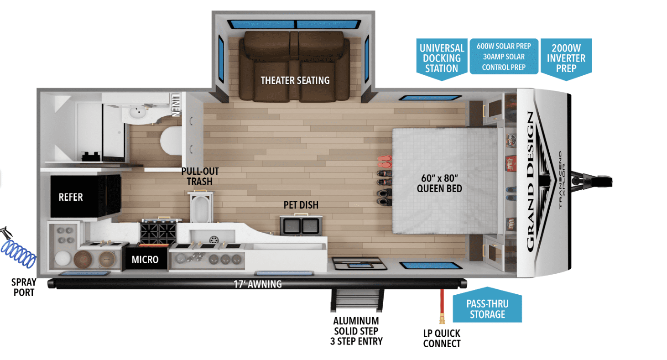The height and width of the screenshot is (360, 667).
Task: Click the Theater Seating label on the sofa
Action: point(295,80)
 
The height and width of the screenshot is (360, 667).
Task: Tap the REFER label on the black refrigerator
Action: point(71,197)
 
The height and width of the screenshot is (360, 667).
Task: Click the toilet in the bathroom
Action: point(171,141)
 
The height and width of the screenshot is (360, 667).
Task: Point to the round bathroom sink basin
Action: point(138,113)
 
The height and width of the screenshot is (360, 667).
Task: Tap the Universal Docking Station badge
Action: point(442,59)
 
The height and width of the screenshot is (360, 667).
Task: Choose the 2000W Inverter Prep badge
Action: point(566,59)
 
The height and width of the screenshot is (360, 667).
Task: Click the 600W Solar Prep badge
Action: point(504,56)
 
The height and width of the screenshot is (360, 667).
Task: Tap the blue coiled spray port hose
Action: point(18,253)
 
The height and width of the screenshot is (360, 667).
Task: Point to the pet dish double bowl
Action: point(301,226)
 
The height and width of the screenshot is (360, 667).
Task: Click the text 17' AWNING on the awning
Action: point(258,284)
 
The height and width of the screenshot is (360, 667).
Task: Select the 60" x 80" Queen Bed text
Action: point(439,183)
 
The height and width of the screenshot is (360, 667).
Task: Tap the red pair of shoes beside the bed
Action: point(385,162)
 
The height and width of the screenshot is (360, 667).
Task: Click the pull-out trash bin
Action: point(201,207)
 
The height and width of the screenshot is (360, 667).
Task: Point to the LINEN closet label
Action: point(176,105)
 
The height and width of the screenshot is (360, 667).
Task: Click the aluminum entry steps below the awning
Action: point(357,300)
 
